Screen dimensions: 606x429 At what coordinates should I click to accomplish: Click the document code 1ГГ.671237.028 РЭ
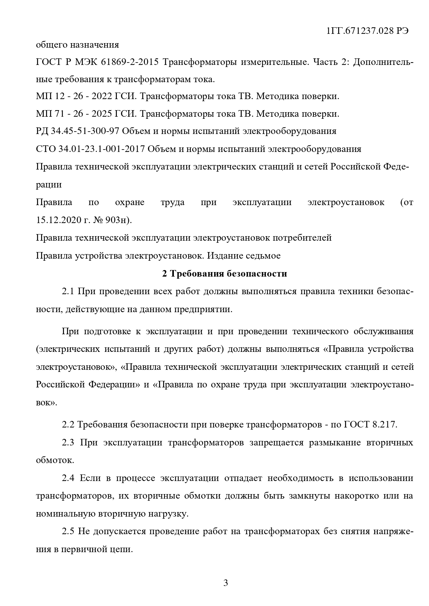point(367,31)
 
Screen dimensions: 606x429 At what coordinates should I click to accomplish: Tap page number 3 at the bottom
point(226,583)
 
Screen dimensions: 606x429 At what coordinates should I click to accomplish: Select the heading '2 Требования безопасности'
point(225,274)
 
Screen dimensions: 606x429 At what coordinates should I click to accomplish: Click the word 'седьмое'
point(263,256)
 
